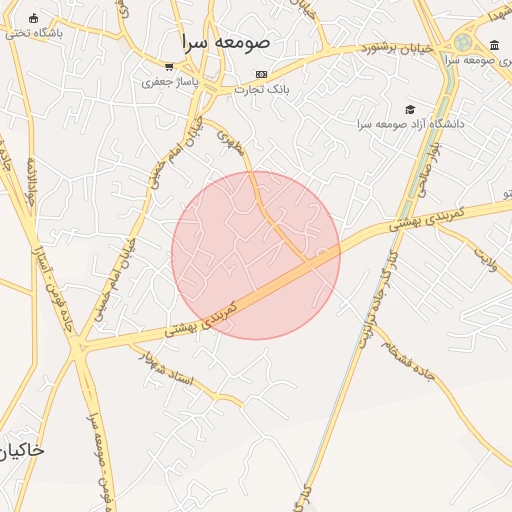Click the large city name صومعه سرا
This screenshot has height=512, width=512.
226,43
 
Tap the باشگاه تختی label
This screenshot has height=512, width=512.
33,33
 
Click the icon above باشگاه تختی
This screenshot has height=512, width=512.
34,18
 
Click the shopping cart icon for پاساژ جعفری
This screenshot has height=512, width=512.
169,67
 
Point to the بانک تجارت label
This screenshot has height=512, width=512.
261,89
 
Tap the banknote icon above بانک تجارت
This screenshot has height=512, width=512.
262,74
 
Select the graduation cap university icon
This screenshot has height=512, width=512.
409,109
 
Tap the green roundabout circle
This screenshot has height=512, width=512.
462,42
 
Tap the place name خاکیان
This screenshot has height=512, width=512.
22,451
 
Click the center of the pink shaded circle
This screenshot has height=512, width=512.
256,255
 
